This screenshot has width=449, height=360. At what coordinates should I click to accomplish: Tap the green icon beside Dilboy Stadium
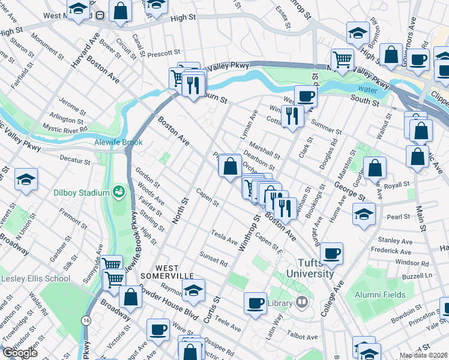pyautogui.click(x=119, y=192)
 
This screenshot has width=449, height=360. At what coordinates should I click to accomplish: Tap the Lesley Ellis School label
pyautogui.click(x=35, y=278)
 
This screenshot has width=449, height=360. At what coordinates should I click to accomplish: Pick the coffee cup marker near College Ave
pyautogui.click(x=331, y=253)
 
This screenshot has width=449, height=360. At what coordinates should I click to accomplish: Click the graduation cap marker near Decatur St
pyautogui.click(x=26, y=180)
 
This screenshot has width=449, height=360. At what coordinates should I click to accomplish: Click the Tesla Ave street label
pyautogui.click(x=224, y=236)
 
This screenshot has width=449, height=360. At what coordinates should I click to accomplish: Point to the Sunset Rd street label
pyautogui.click(x=214, y=259)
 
